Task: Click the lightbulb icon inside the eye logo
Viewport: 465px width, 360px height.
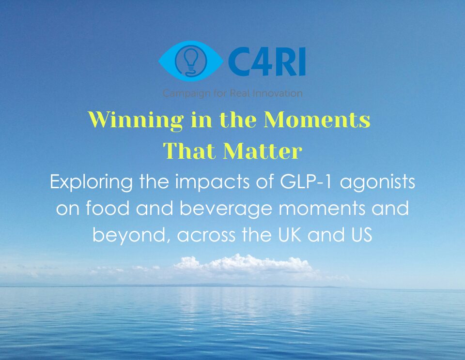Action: pos(191,60)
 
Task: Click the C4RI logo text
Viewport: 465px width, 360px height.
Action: pos(266,62)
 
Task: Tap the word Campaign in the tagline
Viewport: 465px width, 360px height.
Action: pos(184,93)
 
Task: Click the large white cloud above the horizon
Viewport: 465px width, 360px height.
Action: pos(242,266)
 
